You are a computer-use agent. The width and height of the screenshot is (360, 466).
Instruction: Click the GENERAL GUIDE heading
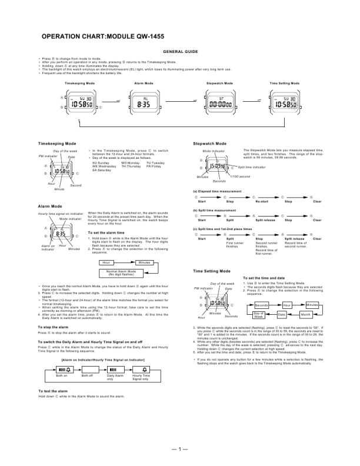click(179, 52)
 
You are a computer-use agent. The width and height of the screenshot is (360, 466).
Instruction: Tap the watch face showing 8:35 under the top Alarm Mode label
click(144, 102)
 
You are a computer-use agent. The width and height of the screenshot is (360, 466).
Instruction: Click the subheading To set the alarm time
click(108, 233)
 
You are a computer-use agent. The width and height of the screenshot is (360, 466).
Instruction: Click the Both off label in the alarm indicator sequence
click(88, 375)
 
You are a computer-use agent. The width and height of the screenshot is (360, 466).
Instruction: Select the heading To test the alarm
click(53, 391)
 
